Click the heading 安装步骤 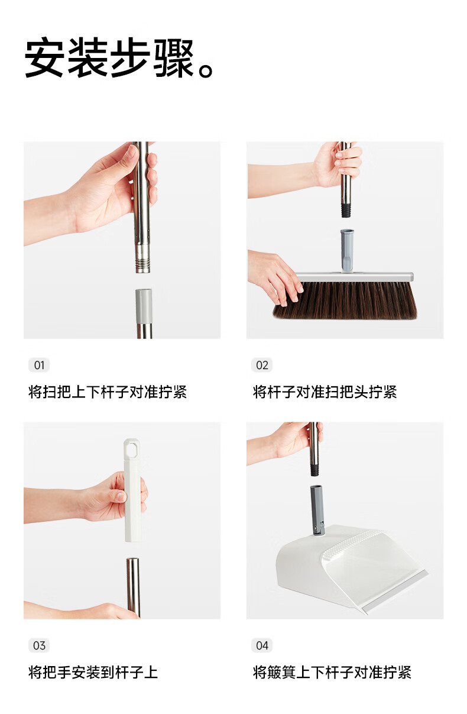click(109, 57)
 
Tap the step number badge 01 click(39, 365)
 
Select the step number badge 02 click(262, 365)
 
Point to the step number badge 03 click(39, 645)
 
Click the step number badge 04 click(262, 645)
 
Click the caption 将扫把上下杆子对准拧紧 click(108, 392)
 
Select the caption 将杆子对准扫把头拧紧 click(325, 392)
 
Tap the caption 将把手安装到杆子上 click(93, 672)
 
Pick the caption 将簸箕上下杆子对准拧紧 click(332, 672)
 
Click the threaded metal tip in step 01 click(142, 265)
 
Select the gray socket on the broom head click(347, 251)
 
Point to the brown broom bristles click(345, 301)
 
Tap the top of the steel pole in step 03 click(133, 560)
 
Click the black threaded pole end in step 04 click(314, 469)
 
